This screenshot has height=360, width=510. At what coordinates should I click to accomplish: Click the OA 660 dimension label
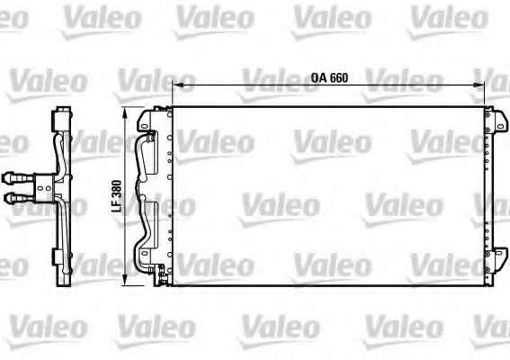(x=329, y=77)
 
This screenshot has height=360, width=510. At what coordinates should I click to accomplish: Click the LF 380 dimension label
(x=116, y=196)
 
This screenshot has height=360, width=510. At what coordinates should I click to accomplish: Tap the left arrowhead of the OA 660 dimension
(x=176, y=85)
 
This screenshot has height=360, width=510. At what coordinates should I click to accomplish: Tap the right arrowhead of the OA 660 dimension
(x=479, y=85)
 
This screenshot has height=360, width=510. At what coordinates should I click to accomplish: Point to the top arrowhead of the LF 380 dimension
(x=124, y=112)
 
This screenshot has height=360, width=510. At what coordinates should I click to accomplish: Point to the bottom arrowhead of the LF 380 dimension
(x=124, y=281)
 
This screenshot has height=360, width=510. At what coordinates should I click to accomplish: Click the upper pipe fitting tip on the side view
(x=7, y=177)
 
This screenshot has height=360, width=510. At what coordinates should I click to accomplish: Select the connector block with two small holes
(x=44, y=188)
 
